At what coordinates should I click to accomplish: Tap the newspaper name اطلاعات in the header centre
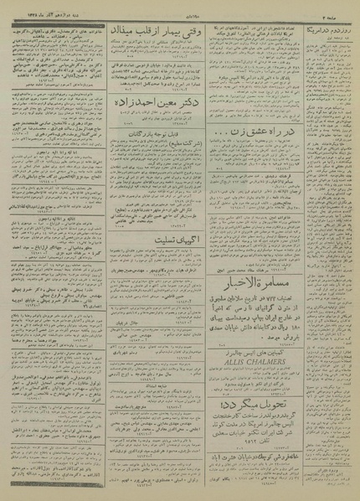[180, 5]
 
